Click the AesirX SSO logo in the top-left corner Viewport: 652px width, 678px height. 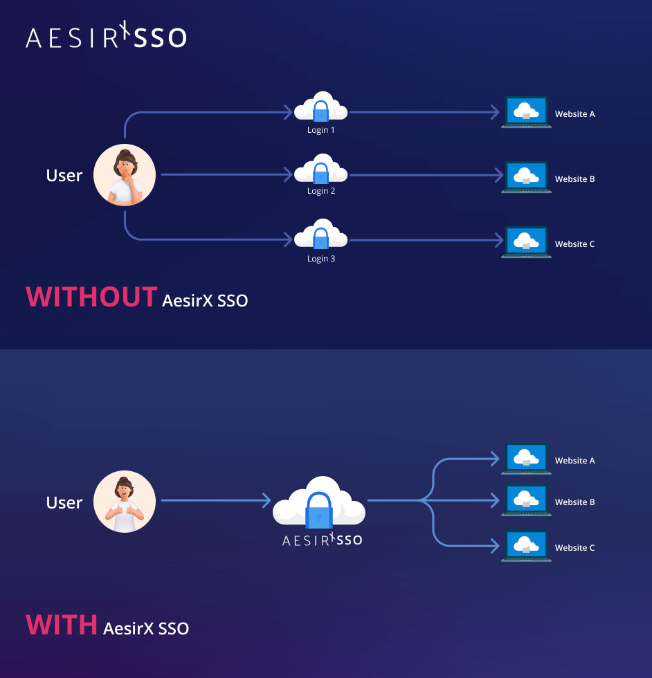tap(106, 37)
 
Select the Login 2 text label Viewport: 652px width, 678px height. tap(321, 191)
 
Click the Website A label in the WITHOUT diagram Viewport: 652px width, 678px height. tap(574, 114)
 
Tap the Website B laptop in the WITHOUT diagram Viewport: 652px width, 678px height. tap(526, 178)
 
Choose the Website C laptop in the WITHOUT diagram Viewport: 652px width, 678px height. tap(526, 243)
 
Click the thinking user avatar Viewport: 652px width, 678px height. tap(125, 176)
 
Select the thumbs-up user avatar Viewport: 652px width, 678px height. tap(125, 502)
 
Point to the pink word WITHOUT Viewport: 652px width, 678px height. tap(91, 297)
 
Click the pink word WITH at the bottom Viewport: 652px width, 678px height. tap(62, 625)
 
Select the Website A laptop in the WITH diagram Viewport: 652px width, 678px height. tap(526, 459)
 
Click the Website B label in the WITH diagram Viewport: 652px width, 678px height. tap(574, 502)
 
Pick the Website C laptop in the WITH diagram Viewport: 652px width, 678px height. tap(526, 547)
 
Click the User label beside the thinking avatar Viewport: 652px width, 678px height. tap(64, 176)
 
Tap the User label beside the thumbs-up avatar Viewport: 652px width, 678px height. tap(64, 503)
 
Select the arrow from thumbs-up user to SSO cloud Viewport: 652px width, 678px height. tap(215, 500)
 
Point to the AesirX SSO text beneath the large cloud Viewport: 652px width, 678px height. tap(322, 540)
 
